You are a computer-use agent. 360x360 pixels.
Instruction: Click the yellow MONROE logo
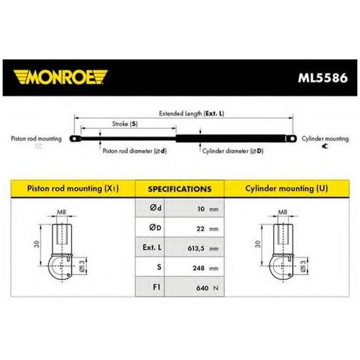click(60, 77)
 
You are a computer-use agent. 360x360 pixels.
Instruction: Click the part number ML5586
click(323, 78)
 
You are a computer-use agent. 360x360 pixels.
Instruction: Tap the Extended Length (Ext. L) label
click(192, 113)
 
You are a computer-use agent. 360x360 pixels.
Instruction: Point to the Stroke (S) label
click(125, 124)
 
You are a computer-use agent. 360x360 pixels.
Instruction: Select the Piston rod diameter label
click(134, 151)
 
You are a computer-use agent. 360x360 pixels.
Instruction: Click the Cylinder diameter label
click(233, 151)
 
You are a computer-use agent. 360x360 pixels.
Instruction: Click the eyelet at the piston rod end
click(75, 138)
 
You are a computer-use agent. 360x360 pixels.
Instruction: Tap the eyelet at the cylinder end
click(292, 139)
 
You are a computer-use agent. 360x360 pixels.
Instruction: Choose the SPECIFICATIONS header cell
click(180, 189)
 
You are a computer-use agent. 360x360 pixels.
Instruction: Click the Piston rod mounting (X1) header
click(73, 188)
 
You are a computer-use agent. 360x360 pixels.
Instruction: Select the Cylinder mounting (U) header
click(287, 188)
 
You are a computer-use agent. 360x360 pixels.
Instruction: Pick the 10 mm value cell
click(194, 208)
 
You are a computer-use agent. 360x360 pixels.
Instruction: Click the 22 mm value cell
click(194, 227)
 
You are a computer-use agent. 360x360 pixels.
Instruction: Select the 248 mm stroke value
click(205, 268)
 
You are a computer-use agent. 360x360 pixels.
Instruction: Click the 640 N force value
click(207, 288)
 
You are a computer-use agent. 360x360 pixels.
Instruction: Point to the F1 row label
click(157, 287)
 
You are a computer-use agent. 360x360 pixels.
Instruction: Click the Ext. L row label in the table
click(152, 247)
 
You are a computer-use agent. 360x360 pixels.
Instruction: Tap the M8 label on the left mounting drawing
click(62, 212)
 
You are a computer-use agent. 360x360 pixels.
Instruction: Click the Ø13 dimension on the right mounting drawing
click(303, 266)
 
